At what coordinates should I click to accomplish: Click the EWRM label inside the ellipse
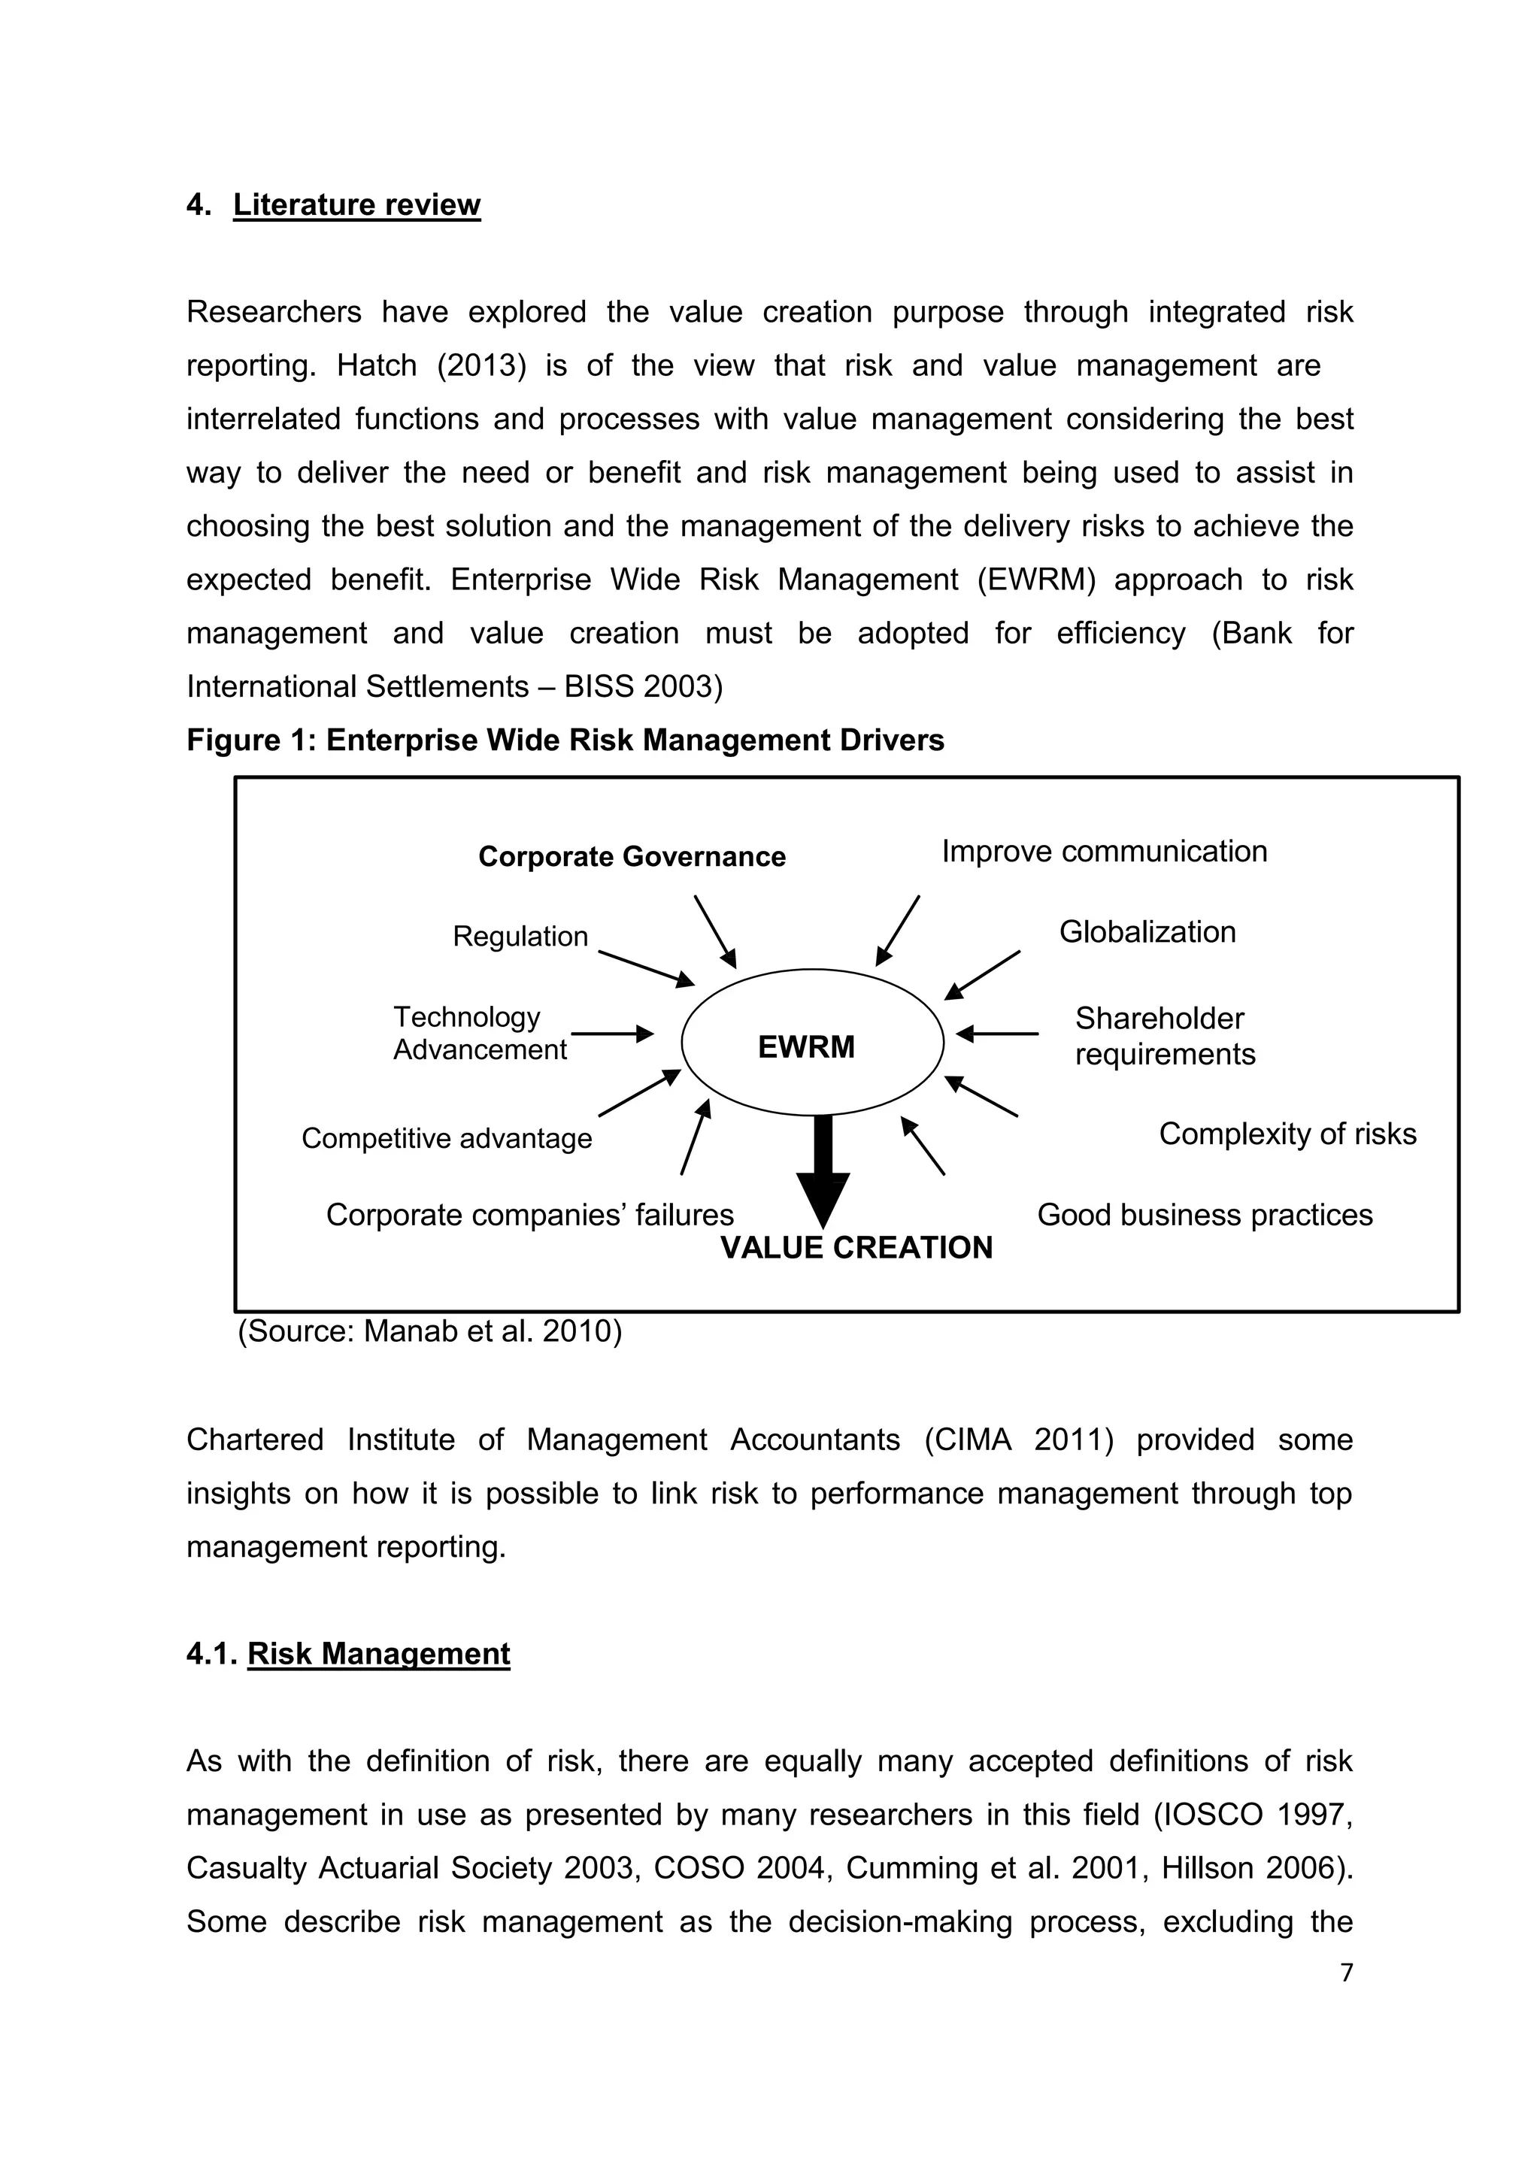point(806,1047)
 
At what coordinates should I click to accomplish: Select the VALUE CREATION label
point(856,1248)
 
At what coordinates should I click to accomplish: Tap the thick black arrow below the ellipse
point(823,1172)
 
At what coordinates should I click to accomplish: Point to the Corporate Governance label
point(632,857)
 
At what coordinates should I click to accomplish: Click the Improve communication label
point(1104,852)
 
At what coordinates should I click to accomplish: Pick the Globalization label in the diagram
point(1147,932)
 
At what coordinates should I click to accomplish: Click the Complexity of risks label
point(1287,1134)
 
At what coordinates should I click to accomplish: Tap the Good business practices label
point(1205,1216)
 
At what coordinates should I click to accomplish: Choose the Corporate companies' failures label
point(529,1216)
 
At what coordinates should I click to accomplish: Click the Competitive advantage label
point(447,1139)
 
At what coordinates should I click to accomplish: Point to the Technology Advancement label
point(479,1034)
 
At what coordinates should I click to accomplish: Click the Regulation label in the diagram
point(520,937)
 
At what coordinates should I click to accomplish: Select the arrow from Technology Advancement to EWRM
point(611,1034)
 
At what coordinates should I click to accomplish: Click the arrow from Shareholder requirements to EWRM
point(998,1034)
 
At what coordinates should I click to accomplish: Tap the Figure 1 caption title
point(565,740)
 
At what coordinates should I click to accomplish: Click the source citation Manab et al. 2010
point(429,1331)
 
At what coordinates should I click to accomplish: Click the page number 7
point(1347,1973)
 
